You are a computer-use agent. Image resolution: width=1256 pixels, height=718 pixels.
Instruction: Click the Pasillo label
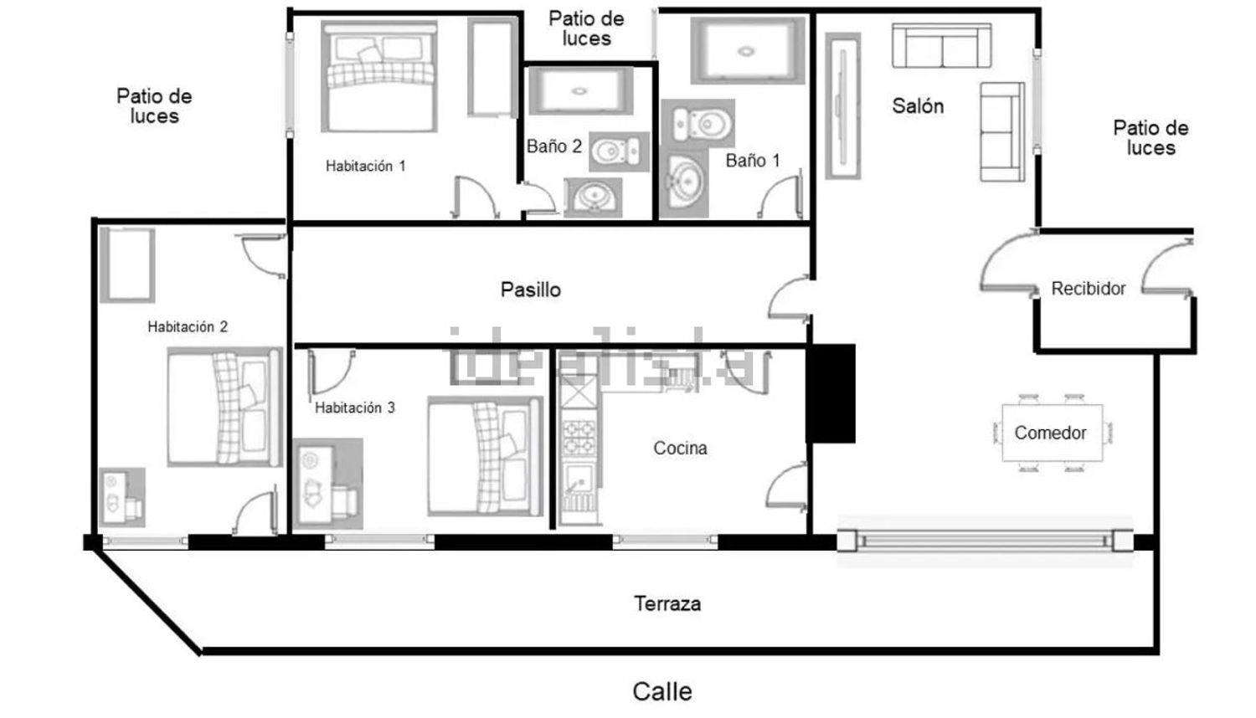(530, 290)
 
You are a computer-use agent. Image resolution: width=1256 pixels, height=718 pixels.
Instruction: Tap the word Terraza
(667, 603)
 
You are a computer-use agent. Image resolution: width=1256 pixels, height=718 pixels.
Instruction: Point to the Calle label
(662, 692)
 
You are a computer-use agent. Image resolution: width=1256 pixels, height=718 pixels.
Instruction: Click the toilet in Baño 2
(619, 151)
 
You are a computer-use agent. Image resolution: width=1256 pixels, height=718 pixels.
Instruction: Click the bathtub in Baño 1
(748, 50)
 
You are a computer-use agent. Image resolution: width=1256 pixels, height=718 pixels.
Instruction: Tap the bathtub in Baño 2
(581, 90)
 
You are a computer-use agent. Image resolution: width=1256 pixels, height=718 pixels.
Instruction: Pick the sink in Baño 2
(593, 197)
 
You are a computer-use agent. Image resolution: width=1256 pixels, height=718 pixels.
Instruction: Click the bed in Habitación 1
(379, 77)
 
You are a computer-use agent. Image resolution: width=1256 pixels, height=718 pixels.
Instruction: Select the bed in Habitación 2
(224, 407)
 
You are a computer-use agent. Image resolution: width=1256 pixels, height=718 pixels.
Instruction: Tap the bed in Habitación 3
(485, 456)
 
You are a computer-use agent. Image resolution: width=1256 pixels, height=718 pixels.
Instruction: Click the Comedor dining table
(1052, 433)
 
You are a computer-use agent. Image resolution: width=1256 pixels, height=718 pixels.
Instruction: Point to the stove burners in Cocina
(579, 437)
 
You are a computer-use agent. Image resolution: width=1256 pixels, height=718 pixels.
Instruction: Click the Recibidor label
(1089, 289)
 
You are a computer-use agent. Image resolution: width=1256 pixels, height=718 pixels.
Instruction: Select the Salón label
(918, 106)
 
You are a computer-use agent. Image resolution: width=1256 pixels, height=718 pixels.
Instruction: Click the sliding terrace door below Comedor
(985, 541)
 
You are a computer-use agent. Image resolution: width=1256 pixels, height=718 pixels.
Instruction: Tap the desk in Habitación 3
(327, 484)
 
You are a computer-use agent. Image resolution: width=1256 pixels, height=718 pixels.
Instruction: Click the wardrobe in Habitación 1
(492, 67)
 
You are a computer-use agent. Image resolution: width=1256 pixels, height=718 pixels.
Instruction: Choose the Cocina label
(680, 448)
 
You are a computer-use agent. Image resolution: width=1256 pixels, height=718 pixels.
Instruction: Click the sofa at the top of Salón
(941, 45)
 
